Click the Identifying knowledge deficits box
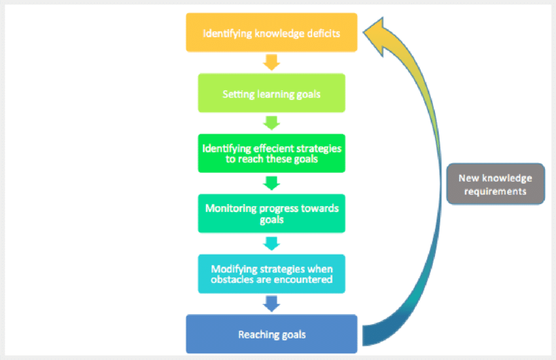[x=271, y=32]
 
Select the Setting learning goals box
[x=271, y=93]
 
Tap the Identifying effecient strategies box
[x=271, y=153]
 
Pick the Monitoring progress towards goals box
[x=271, y=213]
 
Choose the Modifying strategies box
[x=271, y=274]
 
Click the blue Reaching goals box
[x=271, y=334]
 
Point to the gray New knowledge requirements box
[x=495, y=184]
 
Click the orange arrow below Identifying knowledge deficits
[x=271, y=62]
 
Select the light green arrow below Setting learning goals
[x=271, y=122]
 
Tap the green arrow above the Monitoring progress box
[x=271, y=183]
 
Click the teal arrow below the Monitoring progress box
[x=271, y=243]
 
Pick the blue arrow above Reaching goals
[x=271, y=303]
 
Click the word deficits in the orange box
[x=323, y=33]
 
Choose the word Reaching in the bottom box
[x=256, y=334]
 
